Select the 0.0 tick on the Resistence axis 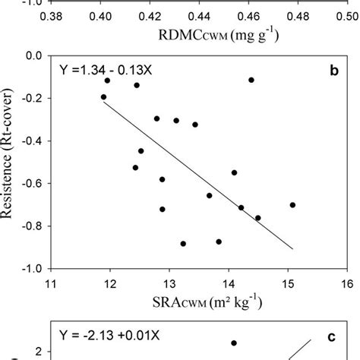[x=31, y=56]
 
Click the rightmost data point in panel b [x=292, y=205]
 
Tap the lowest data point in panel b [x=183, y=244]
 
